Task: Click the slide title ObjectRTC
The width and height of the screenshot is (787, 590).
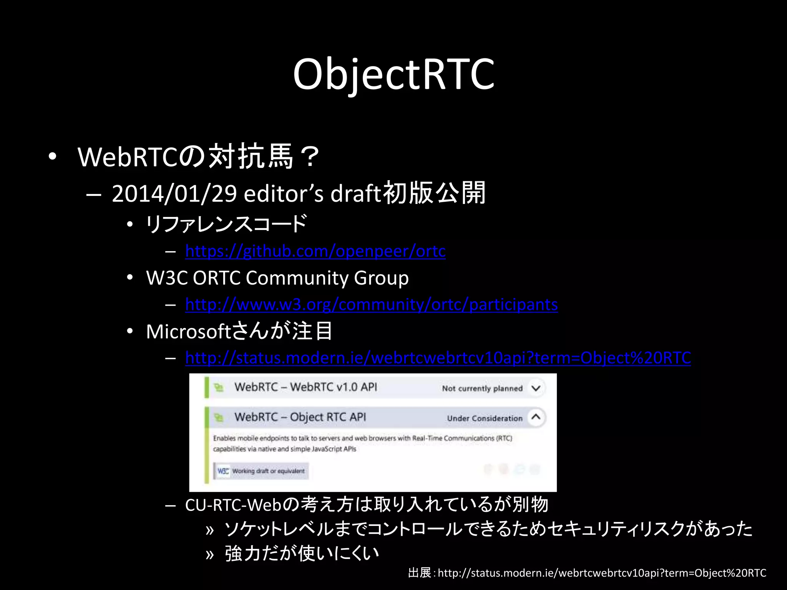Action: coord(393,74)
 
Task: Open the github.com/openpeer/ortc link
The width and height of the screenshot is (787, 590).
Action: coord(315,251)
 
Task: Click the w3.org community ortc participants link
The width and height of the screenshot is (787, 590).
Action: coord(371,305)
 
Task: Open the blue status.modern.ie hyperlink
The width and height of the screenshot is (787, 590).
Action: coord(438,358)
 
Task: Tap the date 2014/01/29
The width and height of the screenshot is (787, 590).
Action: coord(174,193)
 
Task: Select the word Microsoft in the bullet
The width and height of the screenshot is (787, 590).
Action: coord(188,331)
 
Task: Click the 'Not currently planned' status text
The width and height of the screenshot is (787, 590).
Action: coord(482,388)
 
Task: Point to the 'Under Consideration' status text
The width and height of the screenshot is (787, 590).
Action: coord(485,418)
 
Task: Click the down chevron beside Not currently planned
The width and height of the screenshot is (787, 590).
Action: coord(536,388)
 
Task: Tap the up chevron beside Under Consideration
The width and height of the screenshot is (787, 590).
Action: coord(536,417)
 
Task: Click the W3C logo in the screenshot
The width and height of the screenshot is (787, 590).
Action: coord(223,471)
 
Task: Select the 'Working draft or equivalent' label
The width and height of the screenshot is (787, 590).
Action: coord(268,471)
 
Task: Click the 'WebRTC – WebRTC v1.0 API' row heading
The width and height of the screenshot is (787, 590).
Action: coord(306,387)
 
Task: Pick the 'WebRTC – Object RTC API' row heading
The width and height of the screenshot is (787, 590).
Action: coord(300,417)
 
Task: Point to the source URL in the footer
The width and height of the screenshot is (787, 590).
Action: coord(602,573)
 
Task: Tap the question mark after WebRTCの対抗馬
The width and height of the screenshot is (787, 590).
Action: coord(310,157)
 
